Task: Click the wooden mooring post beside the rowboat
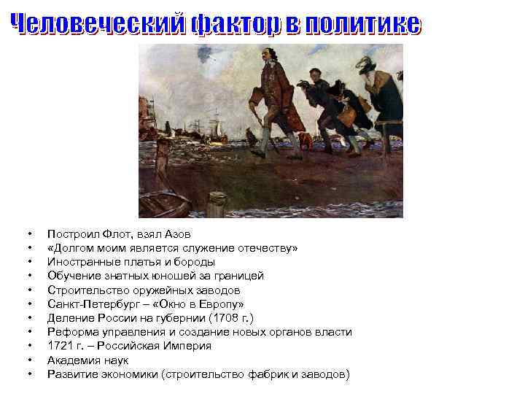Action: pos(216,203)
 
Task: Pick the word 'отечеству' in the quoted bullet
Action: pos(267,248)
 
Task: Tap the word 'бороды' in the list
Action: pos(198,262)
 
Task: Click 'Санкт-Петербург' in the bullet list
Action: pos(87,304)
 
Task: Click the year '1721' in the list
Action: pos(61,346)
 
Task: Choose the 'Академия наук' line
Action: pos(87,360)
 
